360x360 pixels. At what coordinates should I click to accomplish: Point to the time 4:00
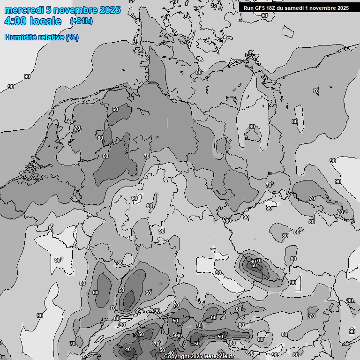15,22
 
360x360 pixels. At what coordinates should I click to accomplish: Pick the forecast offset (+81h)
81,21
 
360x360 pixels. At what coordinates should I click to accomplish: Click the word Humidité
18,37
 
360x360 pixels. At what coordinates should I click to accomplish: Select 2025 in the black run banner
342,8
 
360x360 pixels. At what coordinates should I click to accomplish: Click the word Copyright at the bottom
176,357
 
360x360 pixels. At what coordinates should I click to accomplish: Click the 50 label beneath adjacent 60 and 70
254,265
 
